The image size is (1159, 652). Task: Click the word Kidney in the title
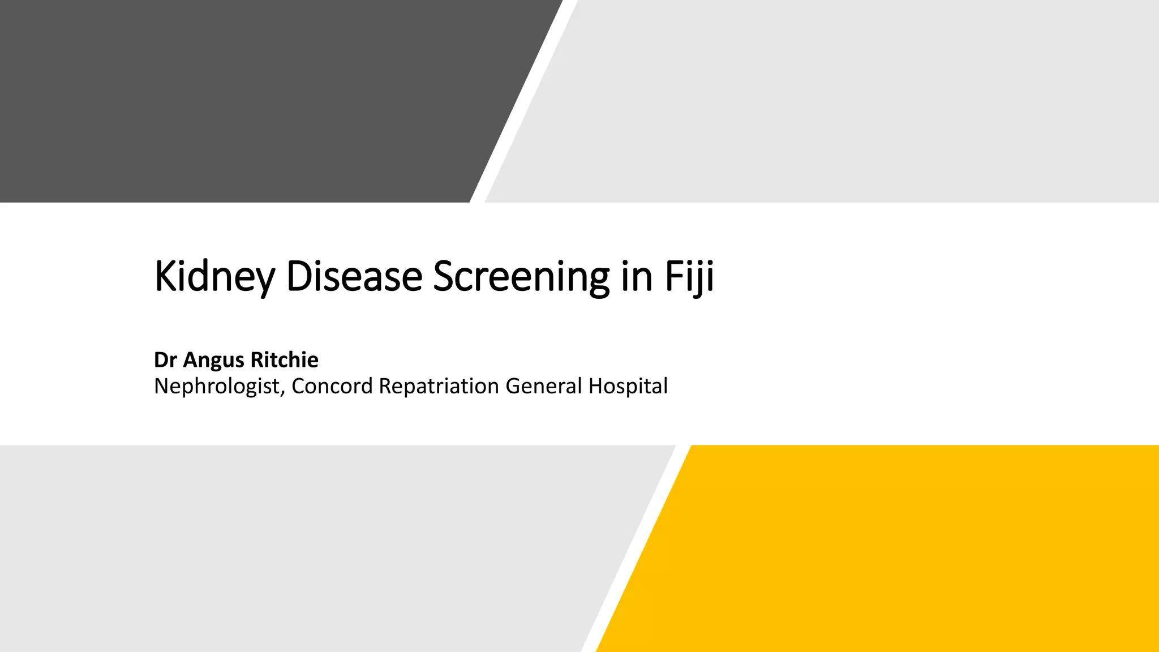point(214,277)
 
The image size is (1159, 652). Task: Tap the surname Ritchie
point(284,360)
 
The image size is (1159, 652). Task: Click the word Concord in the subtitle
point(332,386)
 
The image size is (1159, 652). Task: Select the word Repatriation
point(439,387)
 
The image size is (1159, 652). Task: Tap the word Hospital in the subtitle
point(628,387)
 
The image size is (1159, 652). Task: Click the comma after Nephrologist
point(282,394)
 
